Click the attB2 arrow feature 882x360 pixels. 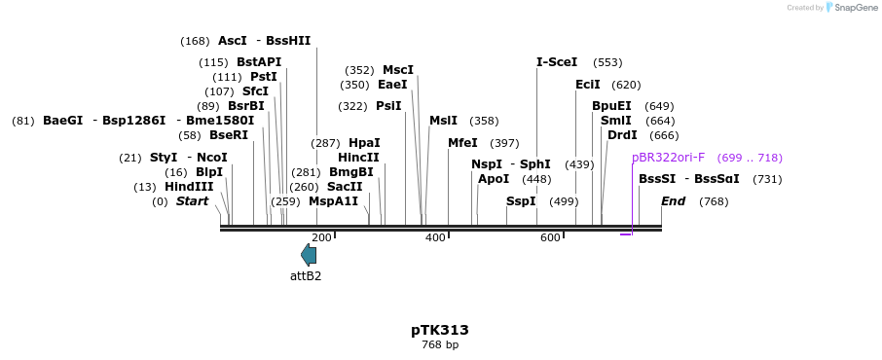tap(309, 255)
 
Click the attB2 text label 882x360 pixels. tap(306, 276)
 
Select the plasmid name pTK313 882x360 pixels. tap(440, 330)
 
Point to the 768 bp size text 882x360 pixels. tap(440, 345)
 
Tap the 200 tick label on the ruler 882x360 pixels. tap(321, 238)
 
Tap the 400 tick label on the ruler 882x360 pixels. tap(435, 238)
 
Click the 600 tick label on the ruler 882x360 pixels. tap(550, 238)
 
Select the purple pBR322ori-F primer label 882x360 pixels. tap(668, 158)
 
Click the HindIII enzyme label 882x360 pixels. tap(189, 187)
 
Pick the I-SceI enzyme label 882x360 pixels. tap(557, 62)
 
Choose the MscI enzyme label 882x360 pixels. tap(398, 70)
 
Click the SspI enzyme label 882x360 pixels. tap(521, 201)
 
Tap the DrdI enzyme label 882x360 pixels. tap(622, 135)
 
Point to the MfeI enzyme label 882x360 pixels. tap(462, 143)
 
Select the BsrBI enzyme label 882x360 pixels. tap(246, 106)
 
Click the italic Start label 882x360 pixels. tap(192, 201)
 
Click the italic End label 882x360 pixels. tap(674, 201)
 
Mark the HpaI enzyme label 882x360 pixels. tap(364, 143)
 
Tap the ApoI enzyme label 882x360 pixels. tap(494, 179)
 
